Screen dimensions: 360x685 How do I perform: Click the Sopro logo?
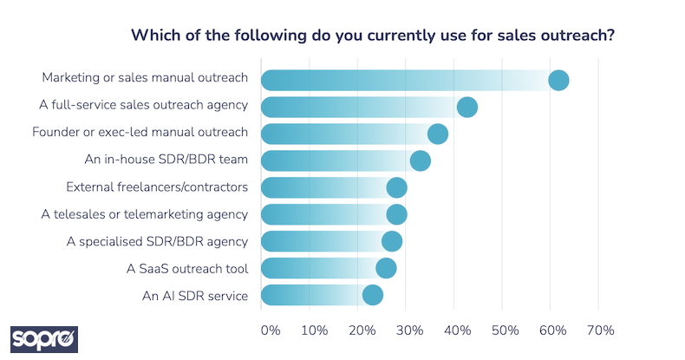coord(44,338)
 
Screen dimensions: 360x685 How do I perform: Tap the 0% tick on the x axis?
coord(270,331)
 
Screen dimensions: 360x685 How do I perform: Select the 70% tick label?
coord(600,331)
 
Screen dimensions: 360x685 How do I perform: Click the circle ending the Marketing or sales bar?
coord(558,80)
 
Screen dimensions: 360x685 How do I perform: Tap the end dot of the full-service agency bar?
coord(467,107)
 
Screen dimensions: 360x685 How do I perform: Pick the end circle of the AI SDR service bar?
coord(373,295)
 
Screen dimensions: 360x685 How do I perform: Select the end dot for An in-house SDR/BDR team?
coord(421,160)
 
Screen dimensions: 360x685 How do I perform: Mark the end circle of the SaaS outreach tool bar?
coord(386,268)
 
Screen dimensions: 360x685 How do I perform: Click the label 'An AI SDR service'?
coord(195,296)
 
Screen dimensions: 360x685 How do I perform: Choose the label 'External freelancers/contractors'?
coord(157,187)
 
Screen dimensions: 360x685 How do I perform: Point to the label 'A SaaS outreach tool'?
coord(187,269)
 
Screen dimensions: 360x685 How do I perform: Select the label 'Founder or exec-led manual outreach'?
coord(140,133)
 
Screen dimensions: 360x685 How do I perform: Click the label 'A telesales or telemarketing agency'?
coord(145,214)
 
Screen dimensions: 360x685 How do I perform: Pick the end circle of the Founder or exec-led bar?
coord(438,134)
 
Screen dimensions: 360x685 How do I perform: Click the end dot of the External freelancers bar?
coord(397,187)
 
